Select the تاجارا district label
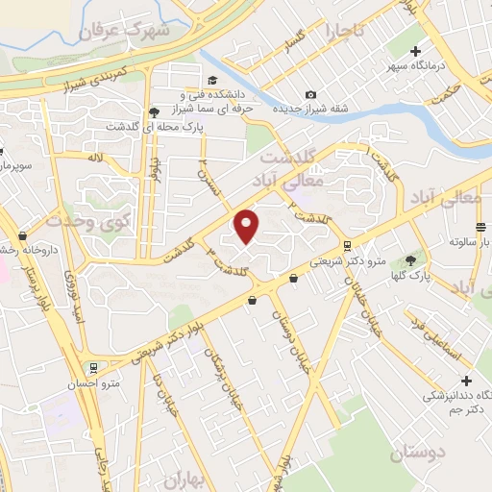click(345, 31)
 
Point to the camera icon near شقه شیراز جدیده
click(310, 94)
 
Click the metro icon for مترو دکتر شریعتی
click(347, 245)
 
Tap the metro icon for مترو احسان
click(92, 367)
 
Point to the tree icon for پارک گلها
click(412, 259)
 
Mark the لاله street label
click(94, 157)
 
